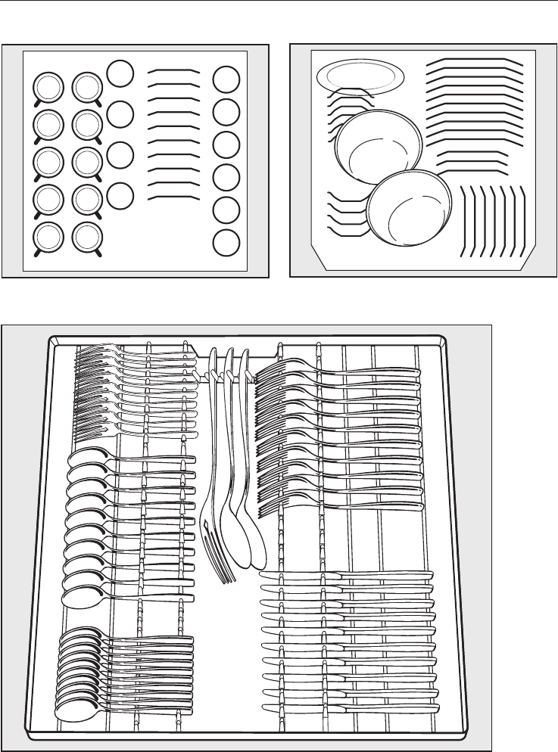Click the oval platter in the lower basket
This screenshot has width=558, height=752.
360,76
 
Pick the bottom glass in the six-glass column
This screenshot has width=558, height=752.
225,244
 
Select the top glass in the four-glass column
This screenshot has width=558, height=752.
119,72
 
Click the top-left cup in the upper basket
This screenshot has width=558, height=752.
48,86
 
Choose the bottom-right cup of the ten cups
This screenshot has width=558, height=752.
86,238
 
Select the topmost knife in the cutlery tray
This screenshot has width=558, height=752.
348,576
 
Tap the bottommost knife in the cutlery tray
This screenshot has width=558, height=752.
348,707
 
